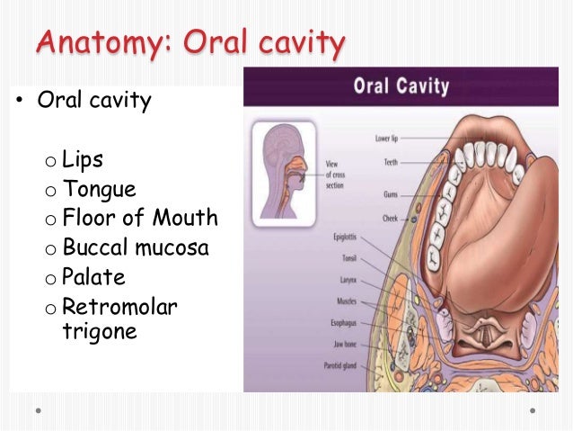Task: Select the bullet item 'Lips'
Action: click(83, 160)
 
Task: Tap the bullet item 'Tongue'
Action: click(99, 189)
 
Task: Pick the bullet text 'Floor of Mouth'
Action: click(139, 218)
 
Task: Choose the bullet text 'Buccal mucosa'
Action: click(135, 247)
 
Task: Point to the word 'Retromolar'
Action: click(119, 308)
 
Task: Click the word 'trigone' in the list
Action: click(98, 330)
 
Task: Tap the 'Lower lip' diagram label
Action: click(387, 139)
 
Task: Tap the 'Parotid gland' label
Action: click(340, 365)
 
